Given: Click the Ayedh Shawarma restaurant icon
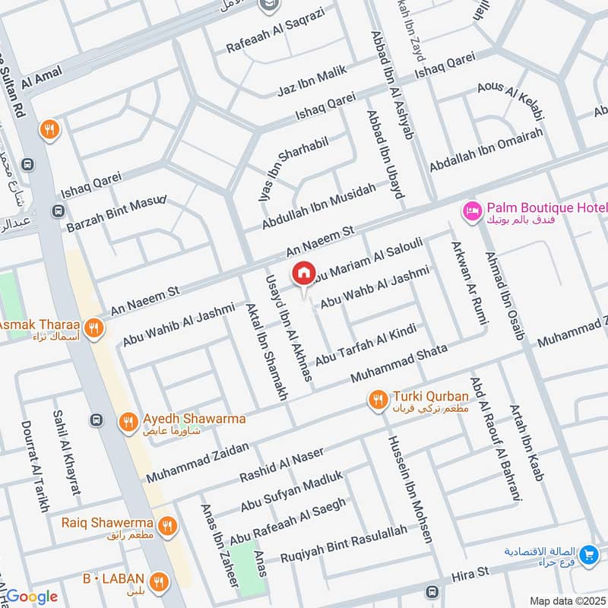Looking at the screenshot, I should tap(128, 420).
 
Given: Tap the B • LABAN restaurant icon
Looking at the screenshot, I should tap(158, 582).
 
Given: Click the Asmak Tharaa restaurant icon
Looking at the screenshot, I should tap(93, 328).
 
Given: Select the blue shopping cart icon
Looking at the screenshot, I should tap(587, 556).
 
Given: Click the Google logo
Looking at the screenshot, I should tap(31, 597).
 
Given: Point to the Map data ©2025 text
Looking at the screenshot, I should tap(566, 600).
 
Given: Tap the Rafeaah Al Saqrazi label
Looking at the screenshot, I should tap(275, 31).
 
